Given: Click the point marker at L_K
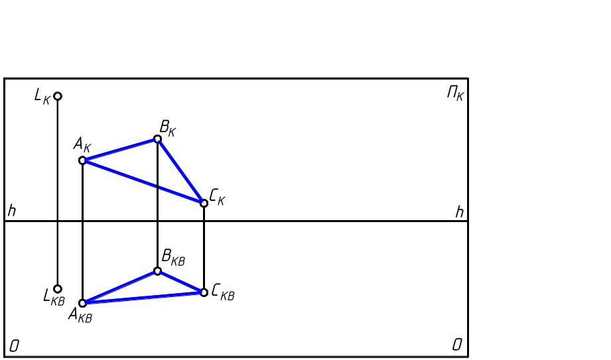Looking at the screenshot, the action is click(58, 96).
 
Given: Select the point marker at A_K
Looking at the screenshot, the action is click(82, 160).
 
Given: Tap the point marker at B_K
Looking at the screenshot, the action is click(157, 139).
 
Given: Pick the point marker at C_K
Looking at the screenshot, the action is click(204, 203).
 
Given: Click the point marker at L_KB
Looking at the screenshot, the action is click(58, 289).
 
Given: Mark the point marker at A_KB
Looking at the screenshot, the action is click(82, 303).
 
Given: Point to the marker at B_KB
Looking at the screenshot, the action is click(157, 270).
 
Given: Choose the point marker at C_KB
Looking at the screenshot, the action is click(204, 292).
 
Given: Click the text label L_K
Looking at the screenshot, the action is click(42, 97).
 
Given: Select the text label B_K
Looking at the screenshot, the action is click(167, 127).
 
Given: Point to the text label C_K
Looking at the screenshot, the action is click(217, 197).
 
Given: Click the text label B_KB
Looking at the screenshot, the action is click(172, 258).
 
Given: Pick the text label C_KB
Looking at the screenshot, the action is click(222, 293).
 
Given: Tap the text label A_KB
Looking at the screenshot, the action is click(80, 315).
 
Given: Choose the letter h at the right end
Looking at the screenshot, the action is click(459, 212).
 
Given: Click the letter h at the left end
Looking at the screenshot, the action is click(11, 211).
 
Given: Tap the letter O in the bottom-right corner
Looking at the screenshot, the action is click(457, 345).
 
